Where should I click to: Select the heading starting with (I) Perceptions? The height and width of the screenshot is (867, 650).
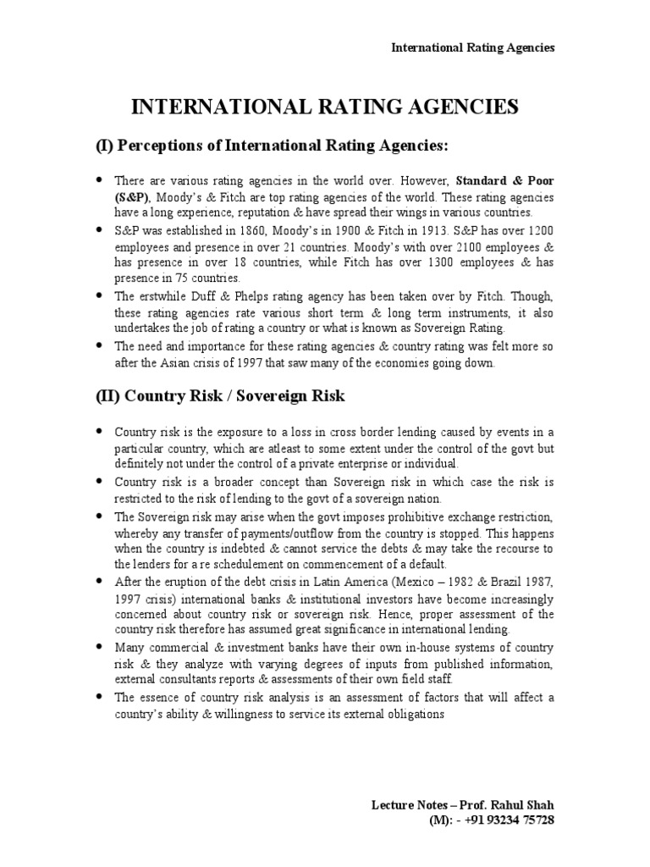(x=270, y=146)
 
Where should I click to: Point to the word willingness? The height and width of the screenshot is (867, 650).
(x=236, y=713)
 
